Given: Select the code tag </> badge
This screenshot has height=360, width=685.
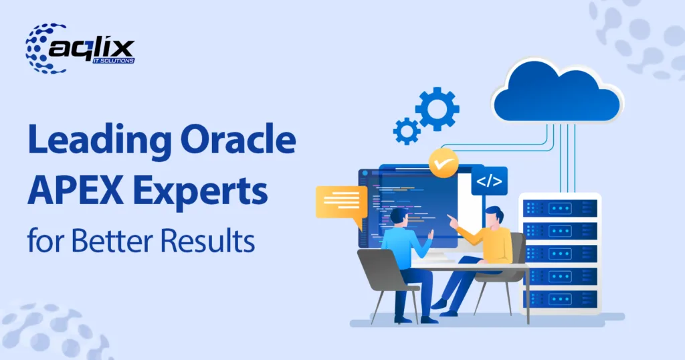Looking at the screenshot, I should [x=489, y=181].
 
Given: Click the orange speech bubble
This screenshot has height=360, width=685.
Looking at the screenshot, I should [x=340, y=203].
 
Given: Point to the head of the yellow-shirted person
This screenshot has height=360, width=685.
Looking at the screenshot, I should [x=494, y=216].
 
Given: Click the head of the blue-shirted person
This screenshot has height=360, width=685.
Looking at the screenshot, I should [x=399, y=218].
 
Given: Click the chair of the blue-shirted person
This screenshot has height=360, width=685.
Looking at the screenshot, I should [x=385, y=274].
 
